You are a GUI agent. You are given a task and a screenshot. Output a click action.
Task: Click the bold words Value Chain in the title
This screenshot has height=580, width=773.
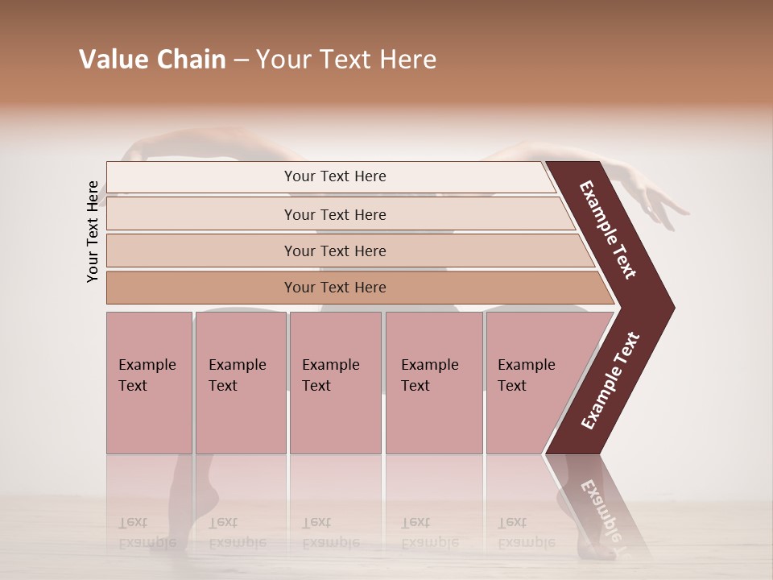152,60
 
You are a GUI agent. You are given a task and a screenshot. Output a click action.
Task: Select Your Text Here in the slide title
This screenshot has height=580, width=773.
346,60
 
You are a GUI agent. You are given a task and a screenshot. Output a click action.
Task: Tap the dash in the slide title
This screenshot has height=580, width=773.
241,60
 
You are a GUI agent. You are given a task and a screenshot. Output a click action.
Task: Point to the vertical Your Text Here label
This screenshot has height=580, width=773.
93,231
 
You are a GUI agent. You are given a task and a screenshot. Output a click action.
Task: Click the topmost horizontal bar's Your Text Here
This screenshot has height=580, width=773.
335,176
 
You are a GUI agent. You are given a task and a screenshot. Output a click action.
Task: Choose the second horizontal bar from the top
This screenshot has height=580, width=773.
335,214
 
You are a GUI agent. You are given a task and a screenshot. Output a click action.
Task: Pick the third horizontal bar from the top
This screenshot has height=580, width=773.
335,251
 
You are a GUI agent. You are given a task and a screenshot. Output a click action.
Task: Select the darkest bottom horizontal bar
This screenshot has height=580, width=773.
335,288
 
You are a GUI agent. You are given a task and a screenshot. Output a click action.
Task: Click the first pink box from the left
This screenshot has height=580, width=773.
149,383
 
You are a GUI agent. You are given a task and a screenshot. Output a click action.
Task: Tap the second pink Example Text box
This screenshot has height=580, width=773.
241,383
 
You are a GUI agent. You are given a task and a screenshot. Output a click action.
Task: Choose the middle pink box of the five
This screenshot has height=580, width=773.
335,383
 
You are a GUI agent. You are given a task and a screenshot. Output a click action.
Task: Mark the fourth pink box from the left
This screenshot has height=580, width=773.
434,383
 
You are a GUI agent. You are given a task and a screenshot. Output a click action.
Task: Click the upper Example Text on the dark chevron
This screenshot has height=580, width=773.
608,230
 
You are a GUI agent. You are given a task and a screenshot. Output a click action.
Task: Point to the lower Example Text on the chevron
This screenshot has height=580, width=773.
610,380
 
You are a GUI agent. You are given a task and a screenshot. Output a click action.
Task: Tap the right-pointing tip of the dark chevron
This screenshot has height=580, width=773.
670,307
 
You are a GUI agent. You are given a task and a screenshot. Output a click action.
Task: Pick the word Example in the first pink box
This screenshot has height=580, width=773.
147,365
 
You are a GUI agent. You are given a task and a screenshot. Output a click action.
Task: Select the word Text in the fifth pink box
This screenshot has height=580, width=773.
511,386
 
